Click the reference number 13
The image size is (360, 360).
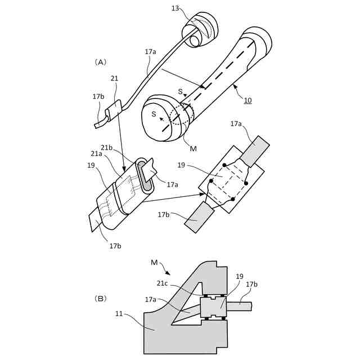pyautogui.click(x=175, y=8)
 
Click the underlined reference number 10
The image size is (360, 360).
pyautogui.click(x=247, y=101)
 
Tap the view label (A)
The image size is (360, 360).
pyautogui.click(x=101, y=62)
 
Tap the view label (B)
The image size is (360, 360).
pyautogui.click(x=102, y=299)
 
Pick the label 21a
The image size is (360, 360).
pyautogui.click(x=96, y=153)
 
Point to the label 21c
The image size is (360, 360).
pyautogui.click(x=162, y=283)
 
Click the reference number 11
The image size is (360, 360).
pyautogui.click(x=119, y=313)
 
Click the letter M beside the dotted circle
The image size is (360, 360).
pyautogui.click(x=193, y=148)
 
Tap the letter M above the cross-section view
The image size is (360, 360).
pyautogui.click(x=154, y=262)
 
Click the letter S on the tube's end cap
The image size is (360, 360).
pyautogui.click(x=153, y=114)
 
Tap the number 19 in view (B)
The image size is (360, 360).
pyautogui.click(x=240, y=276)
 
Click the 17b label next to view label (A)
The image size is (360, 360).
pyautogui.click(x=98, y=96)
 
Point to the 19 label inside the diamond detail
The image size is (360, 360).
pyautogui.click(x=182, y=165)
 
